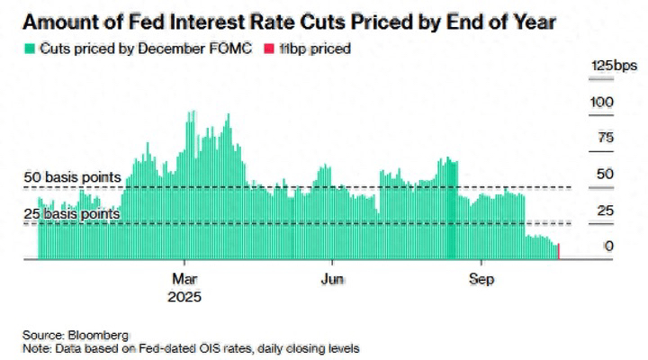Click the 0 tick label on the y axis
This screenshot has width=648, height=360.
609,246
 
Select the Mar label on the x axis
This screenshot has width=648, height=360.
184,277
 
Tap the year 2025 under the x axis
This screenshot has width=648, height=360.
184,295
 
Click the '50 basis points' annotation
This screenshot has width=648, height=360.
71,178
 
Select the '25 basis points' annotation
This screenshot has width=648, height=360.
71,214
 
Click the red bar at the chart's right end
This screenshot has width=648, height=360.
560,252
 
